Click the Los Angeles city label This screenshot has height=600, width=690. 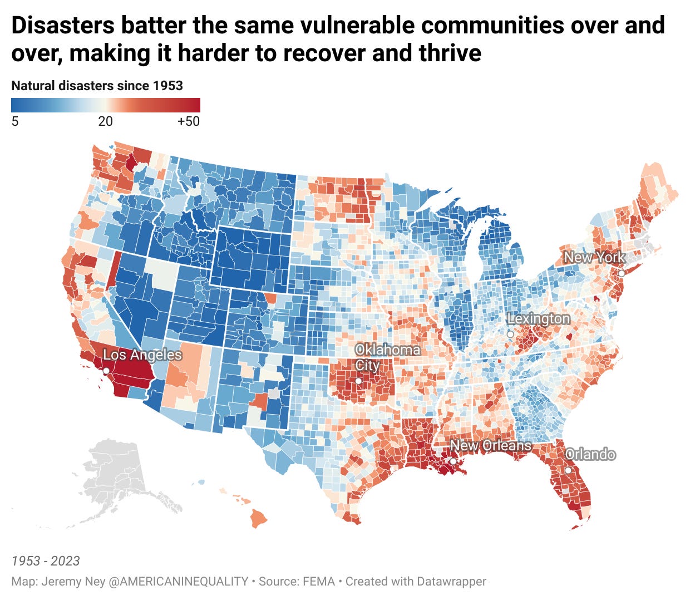142,355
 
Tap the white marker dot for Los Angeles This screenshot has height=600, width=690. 106,371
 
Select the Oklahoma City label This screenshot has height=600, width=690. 387,357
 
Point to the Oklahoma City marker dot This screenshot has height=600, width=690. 359,381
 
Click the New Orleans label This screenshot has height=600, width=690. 490,445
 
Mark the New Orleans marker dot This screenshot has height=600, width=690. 454,461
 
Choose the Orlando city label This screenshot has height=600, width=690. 590,454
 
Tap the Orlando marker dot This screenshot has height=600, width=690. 568,470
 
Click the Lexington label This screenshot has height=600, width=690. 538,318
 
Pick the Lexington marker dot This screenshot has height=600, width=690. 510,334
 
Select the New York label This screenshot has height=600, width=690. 594,257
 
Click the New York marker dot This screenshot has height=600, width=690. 622,273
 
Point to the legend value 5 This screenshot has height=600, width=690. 15,121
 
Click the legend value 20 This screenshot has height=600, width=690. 105,121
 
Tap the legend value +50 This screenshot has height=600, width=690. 188,121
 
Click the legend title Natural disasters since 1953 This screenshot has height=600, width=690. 97,86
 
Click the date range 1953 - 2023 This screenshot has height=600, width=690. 46,560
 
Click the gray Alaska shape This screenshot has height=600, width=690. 117,479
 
